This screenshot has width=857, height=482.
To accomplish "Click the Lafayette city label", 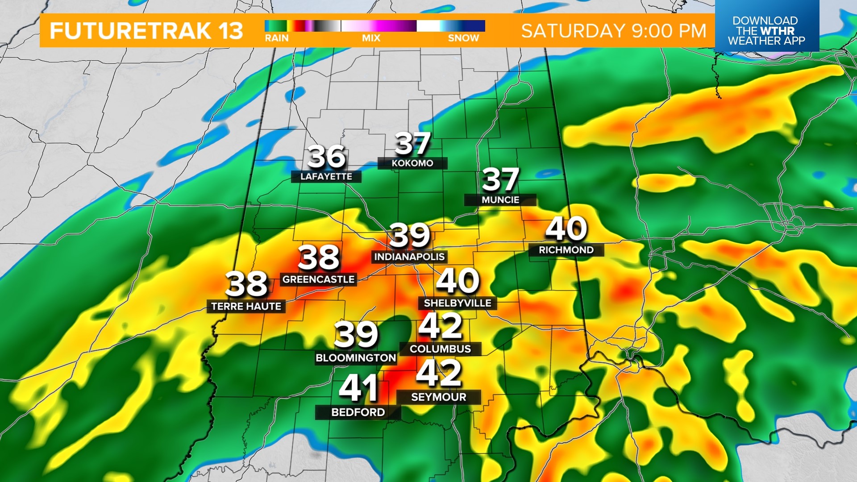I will (x=326, y=177).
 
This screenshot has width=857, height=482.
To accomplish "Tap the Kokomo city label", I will (x=412, y=163).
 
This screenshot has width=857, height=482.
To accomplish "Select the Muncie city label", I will (x=500, y=200).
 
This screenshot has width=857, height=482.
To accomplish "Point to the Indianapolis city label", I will (x=409, y=257).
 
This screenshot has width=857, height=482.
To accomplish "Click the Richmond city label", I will (x=566, y=250).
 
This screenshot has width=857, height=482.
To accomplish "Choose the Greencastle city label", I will (x=318, y=279).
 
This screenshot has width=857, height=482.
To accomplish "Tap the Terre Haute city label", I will (x=246, y=307).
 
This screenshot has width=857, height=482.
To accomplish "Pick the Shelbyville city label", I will (x=458, y=303).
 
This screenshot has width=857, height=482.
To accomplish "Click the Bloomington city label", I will (x=356, y=358).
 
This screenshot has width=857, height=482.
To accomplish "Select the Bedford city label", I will (x=358, y=412).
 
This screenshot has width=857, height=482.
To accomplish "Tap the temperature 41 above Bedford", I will (x=358, y=388).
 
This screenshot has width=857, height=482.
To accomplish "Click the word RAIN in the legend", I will (x=277, y=38).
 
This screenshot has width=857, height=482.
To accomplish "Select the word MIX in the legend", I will (x=371, y=38).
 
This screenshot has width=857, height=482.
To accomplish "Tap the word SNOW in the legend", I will (x=463, y=38).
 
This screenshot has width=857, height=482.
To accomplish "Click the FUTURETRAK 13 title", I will (x=146, y=31).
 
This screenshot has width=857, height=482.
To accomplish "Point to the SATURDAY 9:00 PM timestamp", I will (x=614, y=31).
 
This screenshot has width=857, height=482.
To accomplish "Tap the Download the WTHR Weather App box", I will (x=766, y=30).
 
